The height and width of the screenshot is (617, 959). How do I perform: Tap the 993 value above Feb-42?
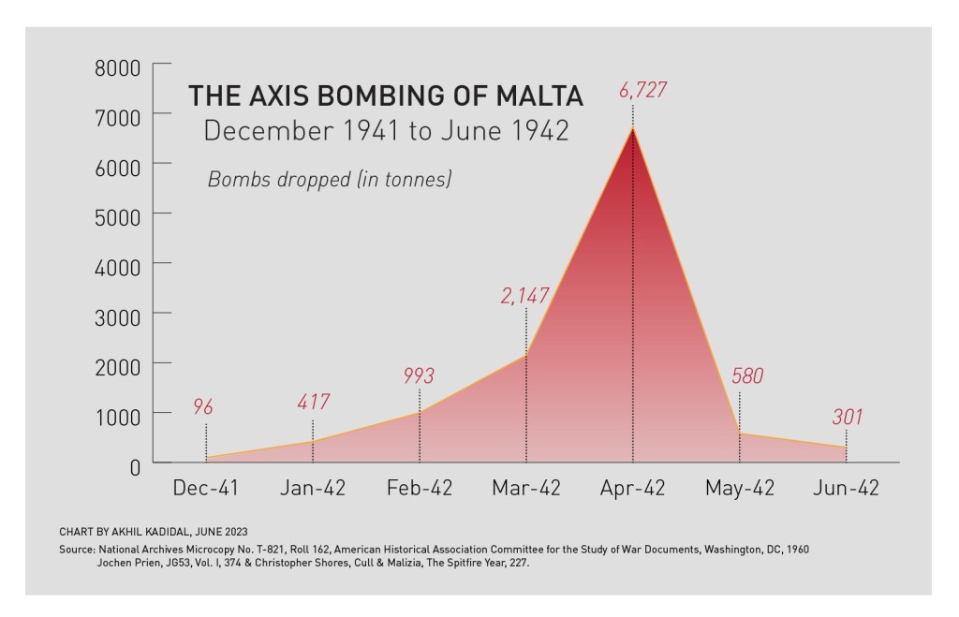pos(419,375)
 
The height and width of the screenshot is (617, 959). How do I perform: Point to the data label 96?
pos(203,406)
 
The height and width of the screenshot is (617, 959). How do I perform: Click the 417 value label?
pos(313,403)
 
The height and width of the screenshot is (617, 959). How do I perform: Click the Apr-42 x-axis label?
pos(633,488)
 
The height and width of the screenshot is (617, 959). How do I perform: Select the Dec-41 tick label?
pos(206,488)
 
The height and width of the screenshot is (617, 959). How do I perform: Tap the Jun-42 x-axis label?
pos(847,488)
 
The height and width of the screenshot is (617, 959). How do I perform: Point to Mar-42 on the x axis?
pos(526,488)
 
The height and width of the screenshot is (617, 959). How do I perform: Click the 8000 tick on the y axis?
pos(117,68)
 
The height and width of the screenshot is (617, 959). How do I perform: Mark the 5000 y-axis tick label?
pos(117,214)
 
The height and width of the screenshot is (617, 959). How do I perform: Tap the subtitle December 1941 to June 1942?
pos(386,130)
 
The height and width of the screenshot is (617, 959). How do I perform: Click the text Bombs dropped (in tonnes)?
pos(330,179)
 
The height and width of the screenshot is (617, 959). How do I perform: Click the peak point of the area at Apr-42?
pos(633,127)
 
